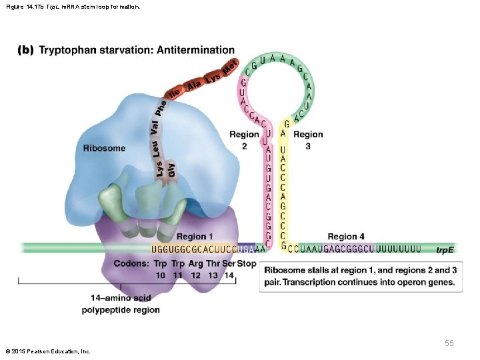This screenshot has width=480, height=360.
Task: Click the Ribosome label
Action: pyautogui.click(x=104, y=148)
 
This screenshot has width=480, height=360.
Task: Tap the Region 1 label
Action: pyautogui.click(x=195, y=237)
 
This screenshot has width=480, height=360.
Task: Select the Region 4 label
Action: pyautogui.click(x=346, y=237)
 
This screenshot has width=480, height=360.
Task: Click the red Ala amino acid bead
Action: pyautogui.click(x=194, y=85)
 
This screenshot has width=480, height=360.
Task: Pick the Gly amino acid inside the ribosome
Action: pyautogui.click(x=171, y=169)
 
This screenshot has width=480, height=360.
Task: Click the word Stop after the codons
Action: pyautogui.click(x=247, y=263)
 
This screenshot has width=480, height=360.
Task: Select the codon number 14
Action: pyautogui.click(x=229, y=275)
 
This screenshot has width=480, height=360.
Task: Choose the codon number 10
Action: pyautogui.click(x=161, y=275)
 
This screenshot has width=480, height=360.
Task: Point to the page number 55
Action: pyautogui.click(x=449, y=343)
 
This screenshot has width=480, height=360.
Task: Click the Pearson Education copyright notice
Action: pyautogui.click(x=47, y=351)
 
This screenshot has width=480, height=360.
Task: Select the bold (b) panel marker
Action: pyautogui.click(x=25, y=50)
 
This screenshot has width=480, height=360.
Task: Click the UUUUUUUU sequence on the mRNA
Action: pyautogui.click(x=399, y=249)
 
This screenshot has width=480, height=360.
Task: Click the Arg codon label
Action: pyautogui.click(x=195, y=263)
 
